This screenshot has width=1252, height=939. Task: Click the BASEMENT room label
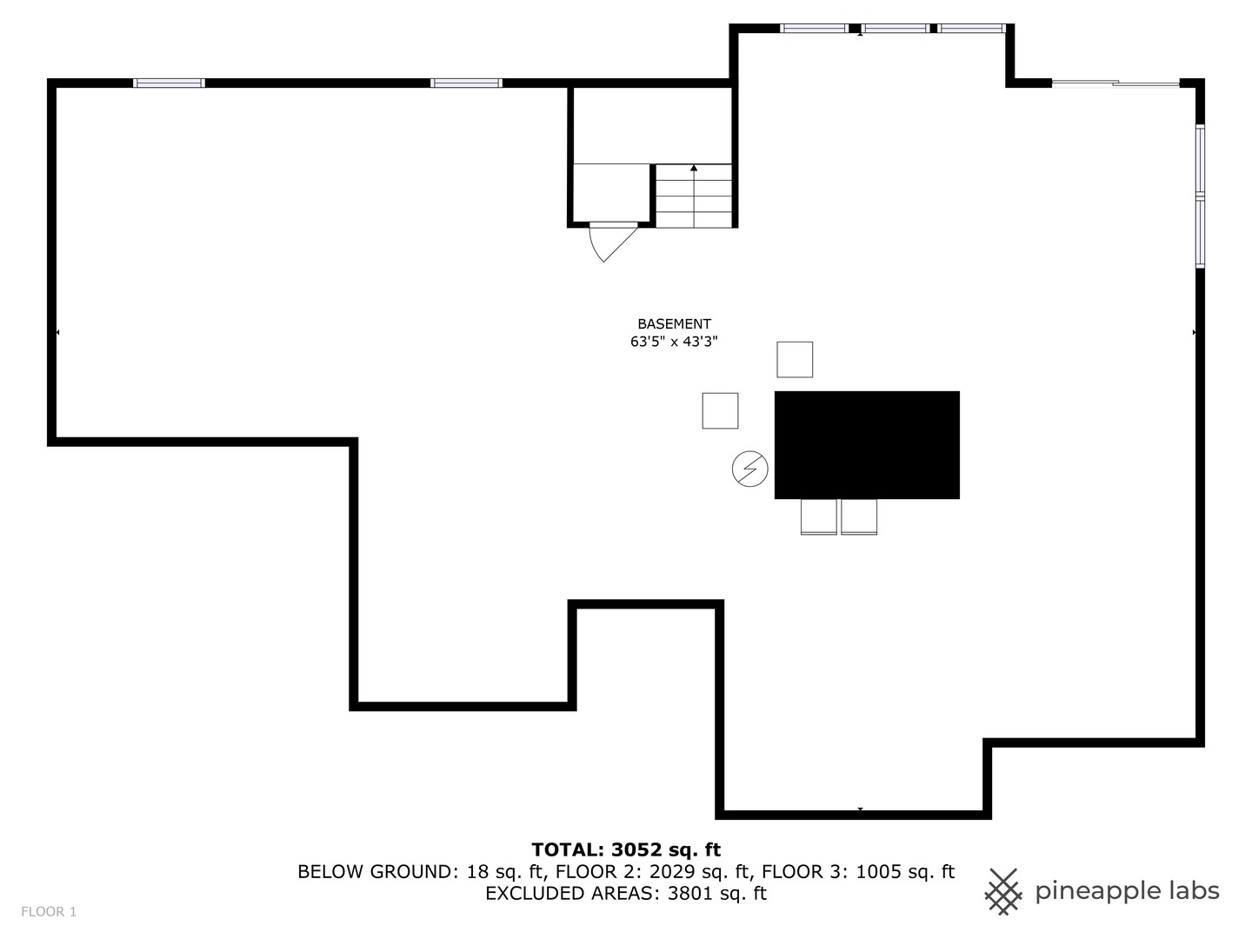tap(674, 323)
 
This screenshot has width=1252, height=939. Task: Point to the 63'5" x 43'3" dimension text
tap(674, 342)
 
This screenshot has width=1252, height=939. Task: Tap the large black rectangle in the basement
tap(867, 444)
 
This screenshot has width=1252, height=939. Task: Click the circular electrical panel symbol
tap(749, 469)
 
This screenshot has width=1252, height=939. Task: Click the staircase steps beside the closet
tap(693, 196)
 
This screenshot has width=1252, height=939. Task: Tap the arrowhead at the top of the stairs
tap(694, 167)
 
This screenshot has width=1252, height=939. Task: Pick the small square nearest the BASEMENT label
tap(795, 359)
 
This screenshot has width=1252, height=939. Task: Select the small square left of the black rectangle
tap(720, 410)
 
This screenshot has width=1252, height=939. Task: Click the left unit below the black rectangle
tap(818, 516)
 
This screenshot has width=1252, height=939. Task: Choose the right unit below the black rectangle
tap(859, 516)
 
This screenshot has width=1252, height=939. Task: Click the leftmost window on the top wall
tap(169, 83)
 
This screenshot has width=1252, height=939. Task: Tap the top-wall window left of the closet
tap(466, 83)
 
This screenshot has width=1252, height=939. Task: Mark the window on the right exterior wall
tap(1200, 196)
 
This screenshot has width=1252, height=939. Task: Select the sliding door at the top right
tap(1115, 83)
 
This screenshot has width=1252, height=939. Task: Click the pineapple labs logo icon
tap(1003, 891)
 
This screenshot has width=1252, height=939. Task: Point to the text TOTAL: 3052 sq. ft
tap(626, 849)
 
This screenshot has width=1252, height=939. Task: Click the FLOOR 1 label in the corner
tap(49, 911)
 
